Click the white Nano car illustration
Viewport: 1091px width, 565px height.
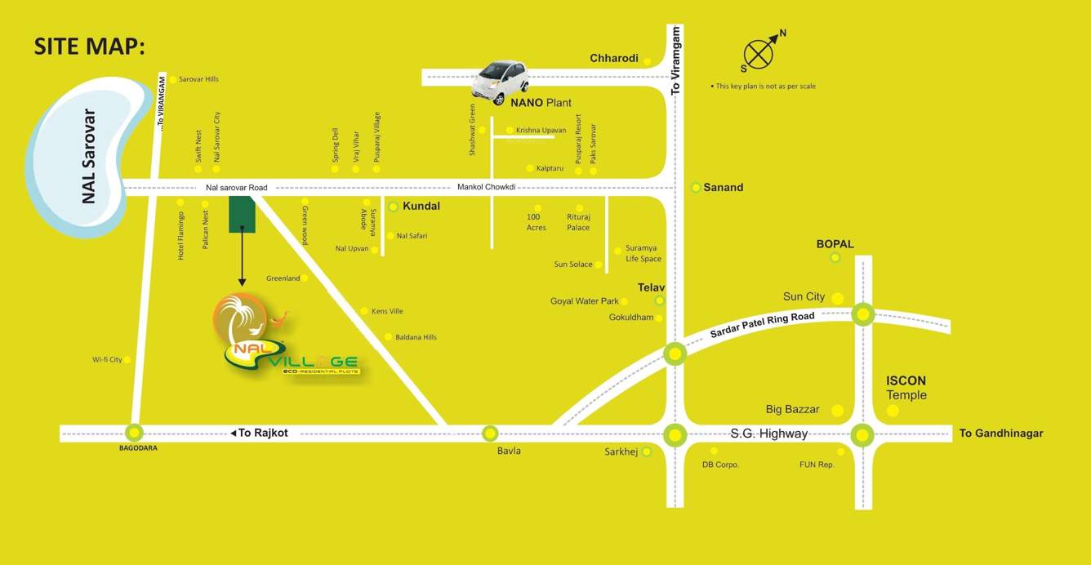pyautogui.click(x=501, y=81)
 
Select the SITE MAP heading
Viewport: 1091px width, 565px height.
pyautogui.click(x=89, y=47)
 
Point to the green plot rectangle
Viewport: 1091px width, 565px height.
pyautogui.click(x=242, y=214)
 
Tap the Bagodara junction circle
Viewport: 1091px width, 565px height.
pyautogui.click(x=134, y=434)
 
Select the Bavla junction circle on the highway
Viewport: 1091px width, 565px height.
pyautogui.click(x=490, y=434)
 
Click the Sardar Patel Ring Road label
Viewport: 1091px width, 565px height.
pyautogui.click(x=762, y=325)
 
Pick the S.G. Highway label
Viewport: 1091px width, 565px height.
pyautogui.click(x=768, y=434)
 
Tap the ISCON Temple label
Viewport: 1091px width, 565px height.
pyautogui.click(x=906, y=388)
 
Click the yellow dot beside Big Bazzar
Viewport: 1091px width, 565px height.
pyautogui.click(x=837, y=411)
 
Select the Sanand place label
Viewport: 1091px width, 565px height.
pyautogui.click(x=723, y=188)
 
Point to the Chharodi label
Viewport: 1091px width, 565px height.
pyautogui.click(x=614, y=58)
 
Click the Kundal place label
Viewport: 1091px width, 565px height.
pyautogui.click(x=421, y=207)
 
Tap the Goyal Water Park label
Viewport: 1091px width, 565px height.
pyautogui.click(x=584, y=301)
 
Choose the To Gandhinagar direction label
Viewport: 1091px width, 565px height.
pyautogui.click(x=1001, y=434)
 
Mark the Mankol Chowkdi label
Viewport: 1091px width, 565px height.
pyautogui.click(x=486, y=187)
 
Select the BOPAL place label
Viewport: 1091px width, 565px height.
pyautogui.click(x=835, y=244)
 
